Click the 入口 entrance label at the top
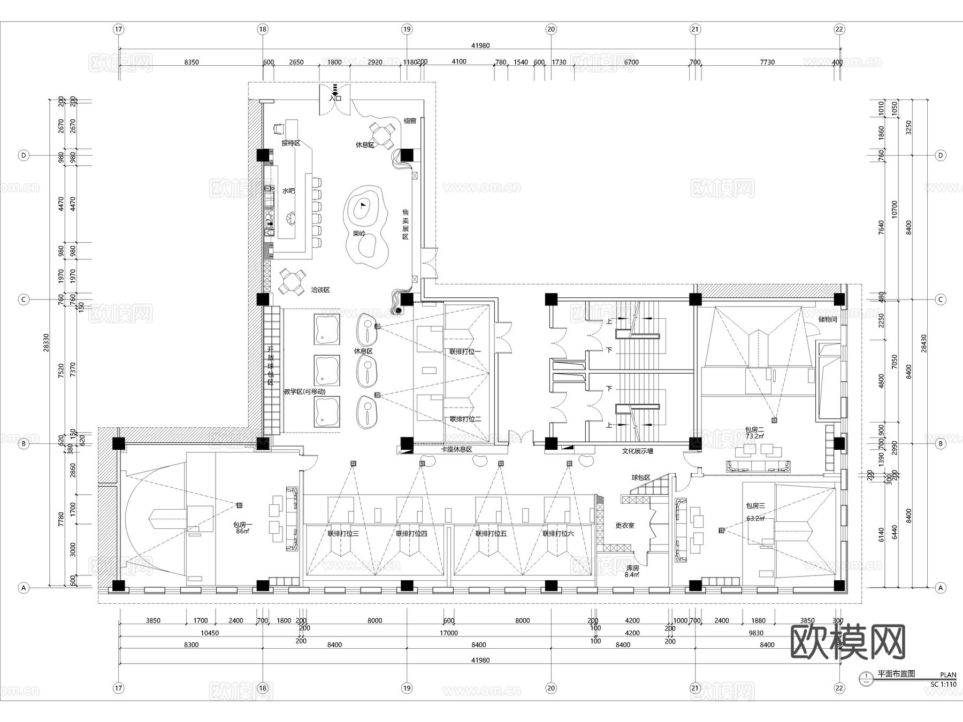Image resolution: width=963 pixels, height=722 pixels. pyautogui.click(x=335, y=98)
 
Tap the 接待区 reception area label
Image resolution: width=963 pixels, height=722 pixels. pyautogui.click(x=291, y=143)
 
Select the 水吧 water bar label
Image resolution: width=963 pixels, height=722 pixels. pyautogui.click(x=288, y=191)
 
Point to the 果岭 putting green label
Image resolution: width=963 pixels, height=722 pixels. pyautogui.click(x=359, y=234)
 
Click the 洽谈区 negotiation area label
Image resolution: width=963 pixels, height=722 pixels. pyautogui.click(x=320, y=290)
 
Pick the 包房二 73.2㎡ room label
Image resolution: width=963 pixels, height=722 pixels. pyautogui.click(x=754, y=433)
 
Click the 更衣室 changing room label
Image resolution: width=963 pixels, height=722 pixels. pyautogui.click(x=624, y=526)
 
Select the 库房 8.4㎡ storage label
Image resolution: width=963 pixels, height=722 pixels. pyautogui.click(x=632, y=571)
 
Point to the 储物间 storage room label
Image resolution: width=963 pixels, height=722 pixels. pyautogui.click(x=828, y=319)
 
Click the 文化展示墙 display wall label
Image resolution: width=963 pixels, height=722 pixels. pyautogui.click(x=637, y=451)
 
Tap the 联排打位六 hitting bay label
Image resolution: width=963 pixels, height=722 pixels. pyautogui.click(x=558, y=534)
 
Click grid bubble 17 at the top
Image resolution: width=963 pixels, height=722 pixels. pyautogui.click(x=119, y=29)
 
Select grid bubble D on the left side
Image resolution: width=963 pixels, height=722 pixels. pyautogui.click(x=23, y=156)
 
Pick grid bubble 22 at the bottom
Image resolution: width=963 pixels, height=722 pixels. pyautogui.click(x=839, y=688)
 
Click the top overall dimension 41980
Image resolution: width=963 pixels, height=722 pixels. pyautogui.click(x=480, y=46)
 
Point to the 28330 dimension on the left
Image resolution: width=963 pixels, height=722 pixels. pyautogui.click(x=46, y=343)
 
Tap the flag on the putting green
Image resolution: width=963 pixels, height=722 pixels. pyautogui.click(x=363, y=204)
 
